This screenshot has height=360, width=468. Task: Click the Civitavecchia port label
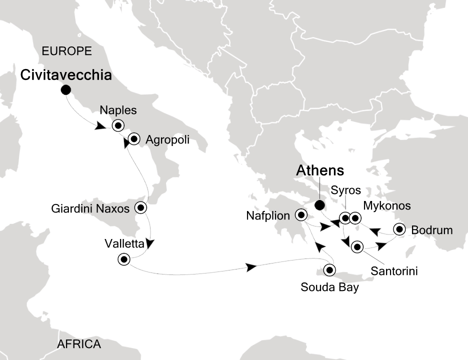click(65, 75)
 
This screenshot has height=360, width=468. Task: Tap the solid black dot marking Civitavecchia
click(65, 90)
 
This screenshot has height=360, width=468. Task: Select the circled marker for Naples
click(118, 125)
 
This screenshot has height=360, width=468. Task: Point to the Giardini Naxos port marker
click(141, 207)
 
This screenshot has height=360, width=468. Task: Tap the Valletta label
click(124, 244)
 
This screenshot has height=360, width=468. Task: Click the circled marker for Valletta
click(123, 259)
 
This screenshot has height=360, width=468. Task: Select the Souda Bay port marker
click(329, 270)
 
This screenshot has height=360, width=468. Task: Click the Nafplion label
click(268, 216)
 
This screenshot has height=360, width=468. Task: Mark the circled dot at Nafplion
click(301, 215)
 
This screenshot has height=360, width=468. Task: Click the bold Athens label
click(320, 170)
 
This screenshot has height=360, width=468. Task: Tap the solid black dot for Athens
click(318, 204)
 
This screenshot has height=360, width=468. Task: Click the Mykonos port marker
click(354, 218)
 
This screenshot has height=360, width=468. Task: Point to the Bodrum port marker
click(399, 229)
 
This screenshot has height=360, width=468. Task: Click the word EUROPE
click(67, 50)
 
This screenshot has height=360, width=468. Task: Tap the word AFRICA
click(79, 344)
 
